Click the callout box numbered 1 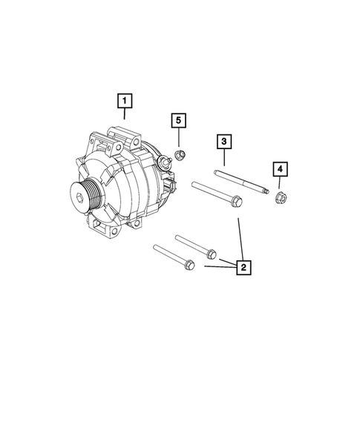[125, 99]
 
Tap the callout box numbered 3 [223, 142]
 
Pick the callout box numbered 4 [280, 170]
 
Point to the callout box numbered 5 [178, 121]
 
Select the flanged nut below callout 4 [280, 197]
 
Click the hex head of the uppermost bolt [235, 200]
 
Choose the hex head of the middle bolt [211, 252]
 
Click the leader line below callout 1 [125, 114]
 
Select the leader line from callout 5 [178, 139]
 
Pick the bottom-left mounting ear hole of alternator [96, 227]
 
